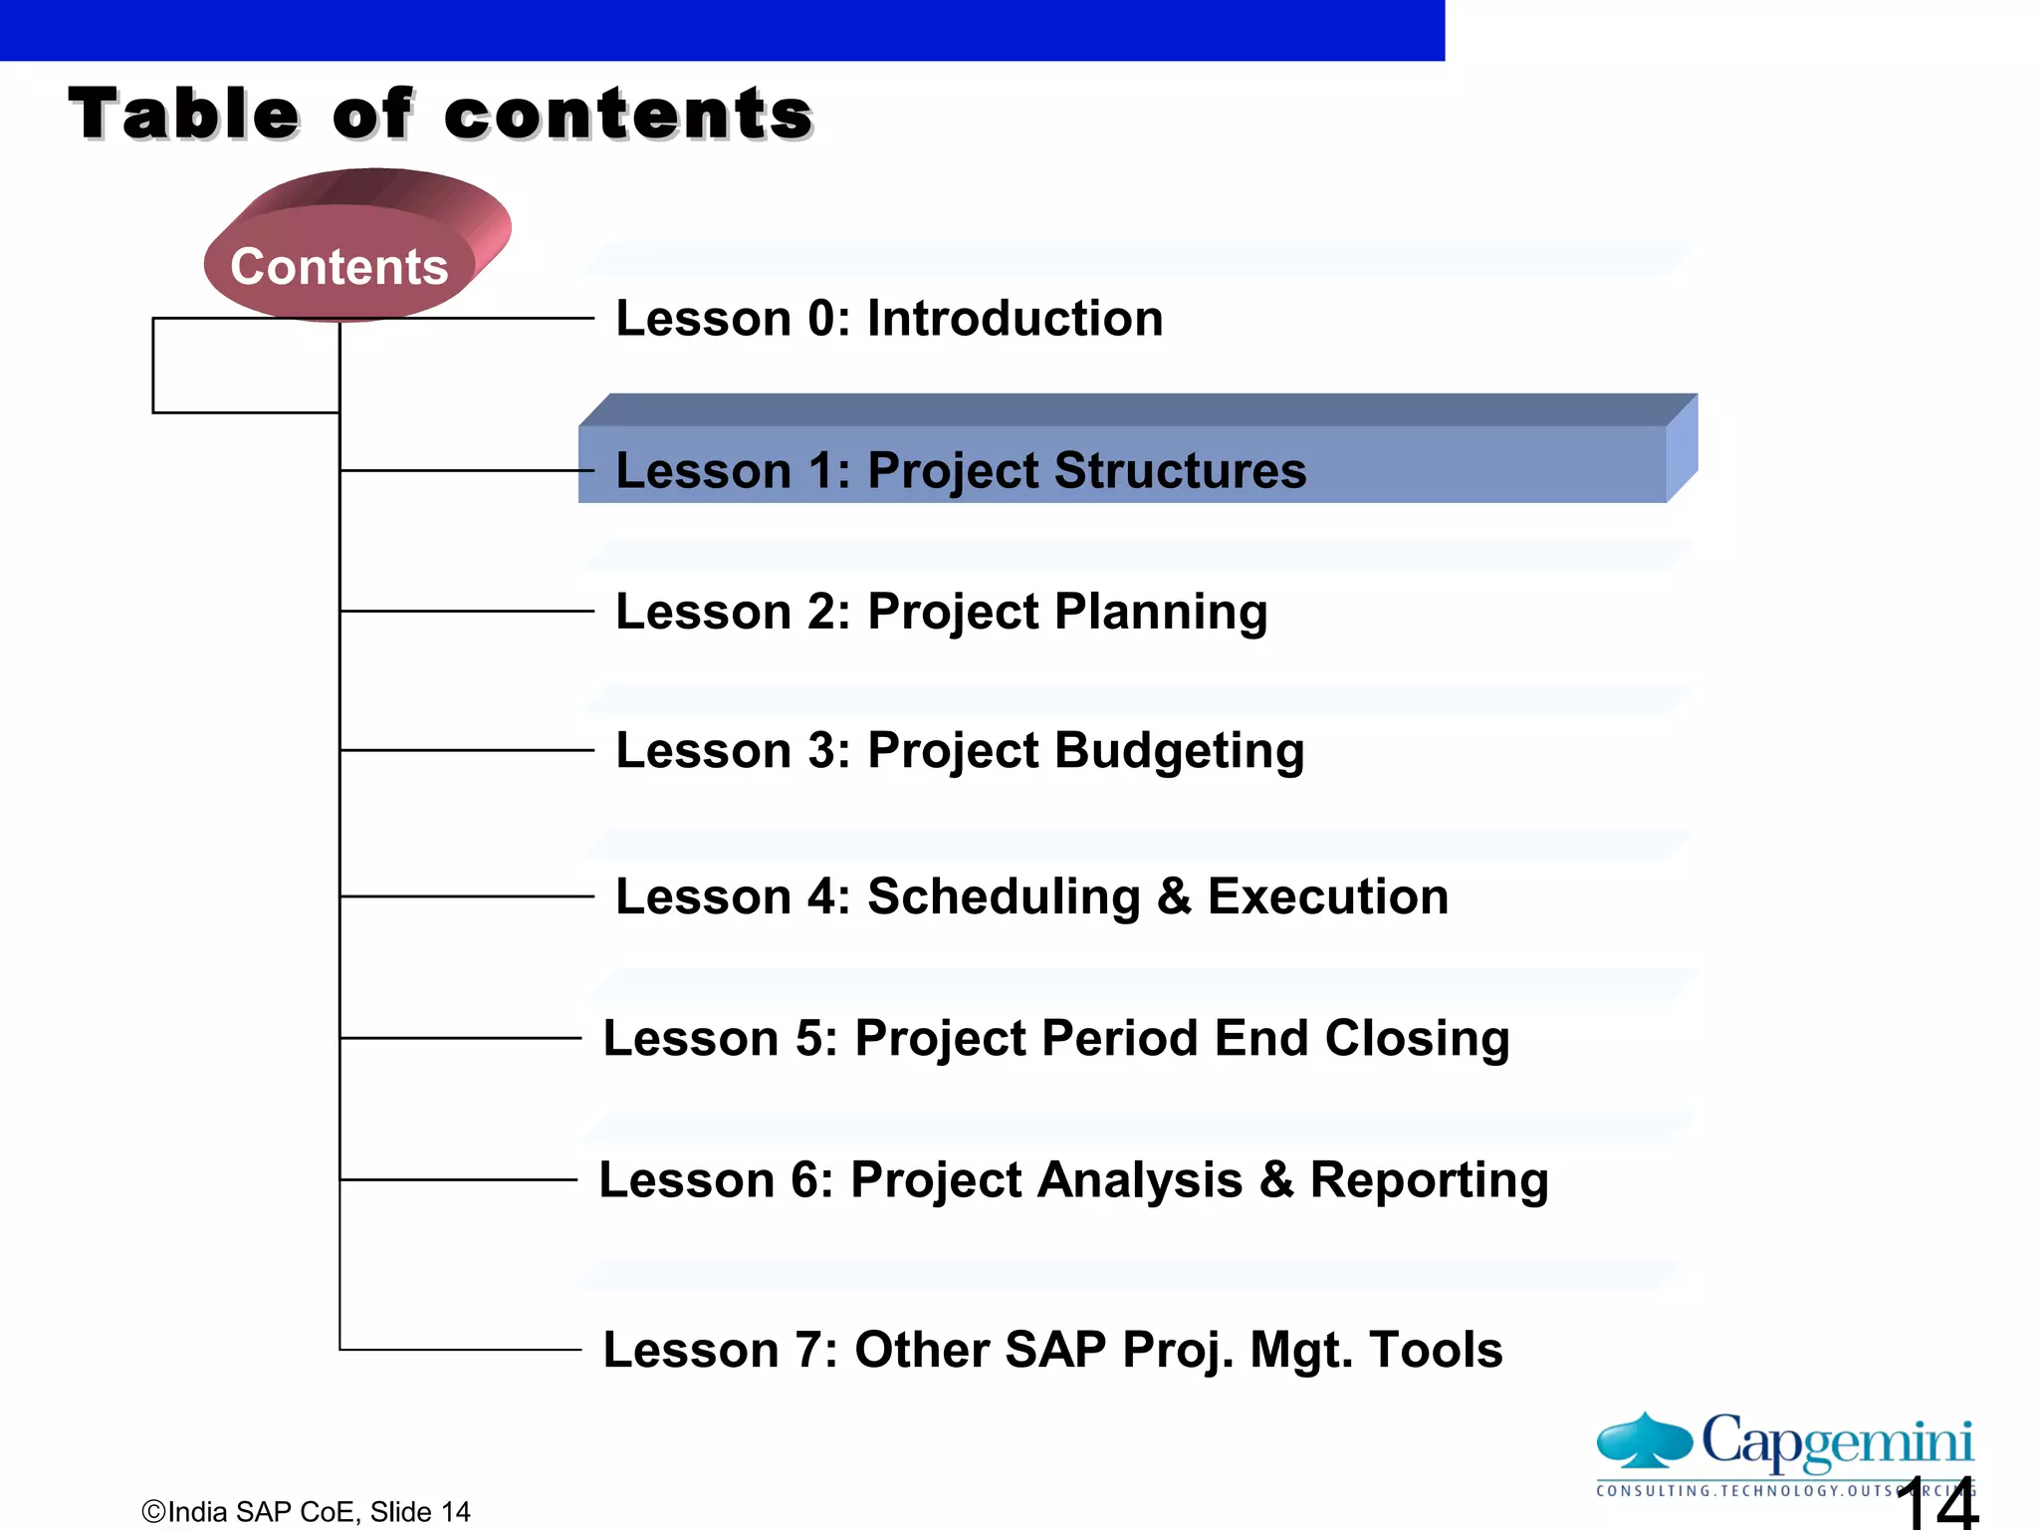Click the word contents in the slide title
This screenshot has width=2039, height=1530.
coord(628,115)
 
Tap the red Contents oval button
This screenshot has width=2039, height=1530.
coord(340,266)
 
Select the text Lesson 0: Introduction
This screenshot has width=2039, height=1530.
coord(889,319)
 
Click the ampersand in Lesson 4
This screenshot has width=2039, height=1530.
coord(1174,896)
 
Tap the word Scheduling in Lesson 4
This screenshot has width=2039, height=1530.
coord(1004,896)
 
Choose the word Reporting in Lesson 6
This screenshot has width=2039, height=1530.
coord(1429,1179)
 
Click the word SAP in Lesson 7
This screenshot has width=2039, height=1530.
coord(1055,1350)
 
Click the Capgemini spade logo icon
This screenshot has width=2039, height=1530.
coord(1644,1440)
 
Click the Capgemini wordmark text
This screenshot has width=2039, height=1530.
coord(1837,1440)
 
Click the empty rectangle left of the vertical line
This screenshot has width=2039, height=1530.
coord(246,366)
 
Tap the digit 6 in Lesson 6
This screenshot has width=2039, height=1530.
coord(805,1180)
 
